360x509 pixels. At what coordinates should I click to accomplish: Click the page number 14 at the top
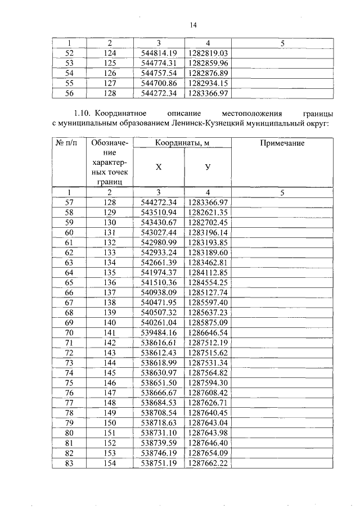[x=193, y=24]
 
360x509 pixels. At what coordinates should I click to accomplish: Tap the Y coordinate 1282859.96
[x=208, y=63]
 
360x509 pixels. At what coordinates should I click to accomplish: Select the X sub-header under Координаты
[x=158, y=166]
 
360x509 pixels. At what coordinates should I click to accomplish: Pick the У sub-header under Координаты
[x=208, y=166]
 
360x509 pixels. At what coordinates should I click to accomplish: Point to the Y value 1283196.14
[x=208, y=232]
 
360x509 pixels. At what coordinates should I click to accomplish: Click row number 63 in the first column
[x=69, y=262]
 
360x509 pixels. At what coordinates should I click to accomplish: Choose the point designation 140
[x=109, y=323]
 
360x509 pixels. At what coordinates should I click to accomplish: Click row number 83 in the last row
[x=69, y=463]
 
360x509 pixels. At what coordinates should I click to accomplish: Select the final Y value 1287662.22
[x=208, y=463]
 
